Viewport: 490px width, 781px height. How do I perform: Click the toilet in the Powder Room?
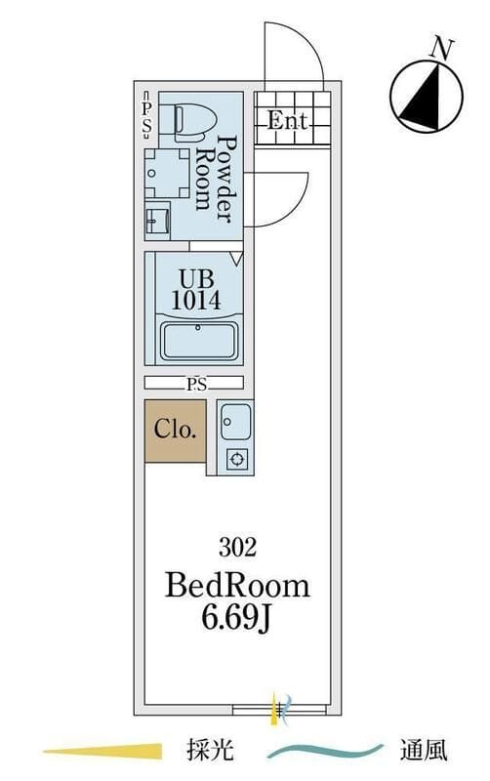[194, 120]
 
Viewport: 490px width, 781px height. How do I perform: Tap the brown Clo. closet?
[175, 431]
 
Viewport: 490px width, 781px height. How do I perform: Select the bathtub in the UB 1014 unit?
[199, 341]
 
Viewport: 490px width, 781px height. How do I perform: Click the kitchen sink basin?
[235, 422]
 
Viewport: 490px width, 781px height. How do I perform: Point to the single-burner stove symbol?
[236, 458]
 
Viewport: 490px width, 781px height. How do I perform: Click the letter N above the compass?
[442, 50]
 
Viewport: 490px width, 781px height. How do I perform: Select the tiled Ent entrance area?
[292, 118]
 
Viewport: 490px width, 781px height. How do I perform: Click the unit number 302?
[237, 548]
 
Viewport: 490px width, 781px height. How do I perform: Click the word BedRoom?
[237, 586]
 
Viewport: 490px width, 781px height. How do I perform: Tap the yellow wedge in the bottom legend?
[103, 751]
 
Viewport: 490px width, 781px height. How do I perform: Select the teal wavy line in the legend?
[325, 750]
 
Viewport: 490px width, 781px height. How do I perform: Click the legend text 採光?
[210, 750]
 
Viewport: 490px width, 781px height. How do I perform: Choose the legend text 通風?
[424, 750]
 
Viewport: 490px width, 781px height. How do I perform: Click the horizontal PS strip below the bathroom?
[193, 383]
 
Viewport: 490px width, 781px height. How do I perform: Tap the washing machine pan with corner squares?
[167, 173]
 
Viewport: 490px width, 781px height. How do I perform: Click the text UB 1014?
[195, 289]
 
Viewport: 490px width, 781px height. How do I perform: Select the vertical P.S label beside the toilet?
[146, 114]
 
